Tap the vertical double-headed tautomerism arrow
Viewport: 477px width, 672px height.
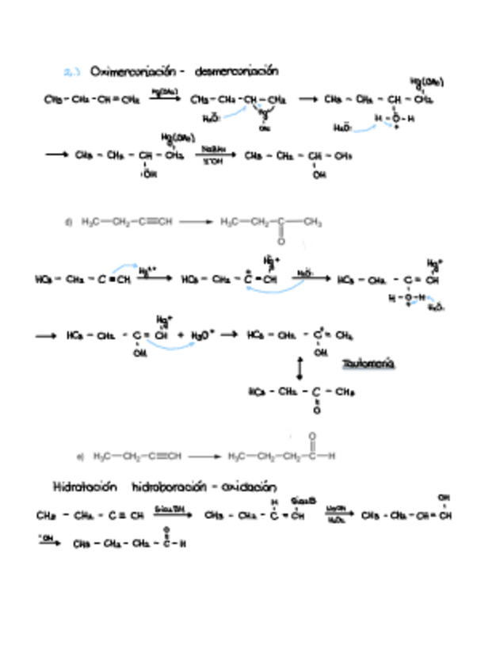(x=300, y=368)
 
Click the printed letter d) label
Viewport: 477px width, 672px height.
(x=69, y=222)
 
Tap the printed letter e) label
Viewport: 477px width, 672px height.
(x=80, y=456)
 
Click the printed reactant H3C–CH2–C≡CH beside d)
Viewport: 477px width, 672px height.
(x=127, y=222)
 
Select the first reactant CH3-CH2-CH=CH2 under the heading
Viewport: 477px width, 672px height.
(x=92, y=100)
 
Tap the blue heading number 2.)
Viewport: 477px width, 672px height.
(x=71, y=71)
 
